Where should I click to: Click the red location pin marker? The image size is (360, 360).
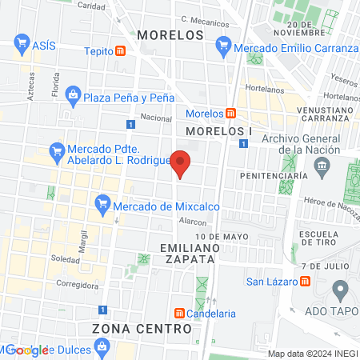click(x=182, y=162)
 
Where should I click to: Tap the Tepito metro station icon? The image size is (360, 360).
click(x=120, y=51)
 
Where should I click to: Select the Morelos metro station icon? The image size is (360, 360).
click(x=230, y=114)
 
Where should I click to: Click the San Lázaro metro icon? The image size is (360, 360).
click(x=306, y=281)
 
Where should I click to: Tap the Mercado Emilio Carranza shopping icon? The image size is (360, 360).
click(x=223, y=48)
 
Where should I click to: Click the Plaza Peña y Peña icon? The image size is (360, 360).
click(x=74, y=97)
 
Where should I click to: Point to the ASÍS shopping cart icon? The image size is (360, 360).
click(x=22, y=46)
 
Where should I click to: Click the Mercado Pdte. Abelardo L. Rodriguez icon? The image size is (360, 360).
click(x=57, y=150)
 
